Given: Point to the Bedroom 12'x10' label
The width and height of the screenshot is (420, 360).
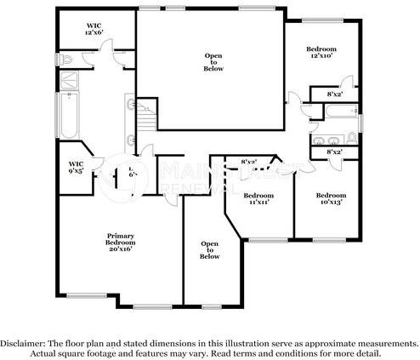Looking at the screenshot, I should pos(321,54).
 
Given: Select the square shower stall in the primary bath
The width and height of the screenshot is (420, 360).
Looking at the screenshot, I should pos(66,82).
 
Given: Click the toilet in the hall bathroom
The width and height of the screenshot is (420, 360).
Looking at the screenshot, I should pos(351,139).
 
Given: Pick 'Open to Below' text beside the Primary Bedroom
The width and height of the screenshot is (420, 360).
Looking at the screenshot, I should pos(210,251).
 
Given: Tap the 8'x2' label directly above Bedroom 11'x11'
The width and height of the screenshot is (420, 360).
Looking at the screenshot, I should pos(249,162).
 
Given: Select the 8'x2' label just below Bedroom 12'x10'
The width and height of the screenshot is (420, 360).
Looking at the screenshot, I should pos(335,94).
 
